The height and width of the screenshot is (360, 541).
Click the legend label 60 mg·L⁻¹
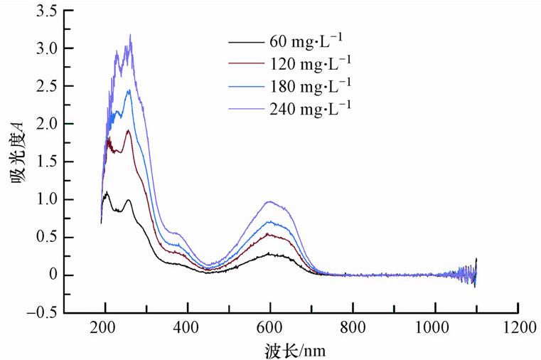tap(311, 40)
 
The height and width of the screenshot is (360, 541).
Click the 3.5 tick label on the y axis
tap(48, 11)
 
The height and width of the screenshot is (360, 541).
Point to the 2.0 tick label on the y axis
tap(48, 124)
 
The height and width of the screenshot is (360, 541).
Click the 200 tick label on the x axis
tap(105, 328)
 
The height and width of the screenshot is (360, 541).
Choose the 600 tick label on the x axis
tap(270, 328)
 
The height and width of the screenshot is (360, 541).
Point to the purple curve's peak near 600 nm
tap(270, 201)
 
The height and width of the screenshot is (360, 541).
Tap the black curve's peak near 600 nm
tap(270, 253)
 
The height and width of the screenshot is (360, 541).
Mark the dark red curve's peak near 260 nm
tap(128, 130)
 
